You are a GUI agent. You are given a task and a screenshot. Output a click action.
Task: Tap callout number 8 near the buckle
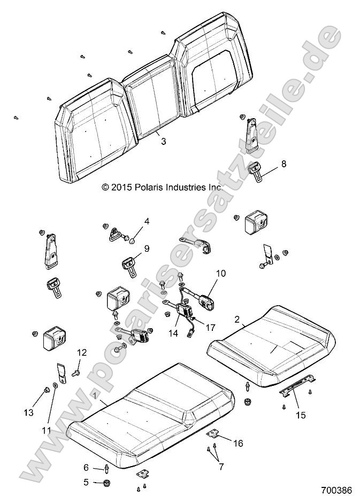(x=284, y=164)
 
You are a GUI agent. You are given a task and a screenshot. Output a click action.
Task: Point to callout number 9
(x=147, y=248)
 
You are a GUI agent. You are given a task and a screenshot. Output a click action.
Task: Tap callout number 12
(x=81, y=352)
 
